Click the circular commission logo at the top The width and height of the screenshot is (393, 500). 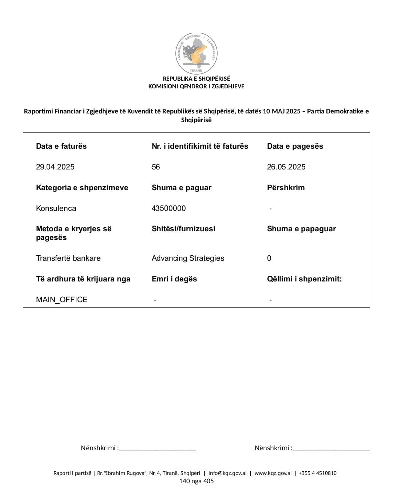(196, 53)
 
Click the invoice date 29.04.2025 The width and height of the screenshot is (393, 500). (55, 167)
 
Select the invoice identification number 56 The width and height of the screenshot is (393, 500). (156, 167)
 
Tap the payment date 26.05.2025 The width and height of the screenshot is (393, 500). (286, 167)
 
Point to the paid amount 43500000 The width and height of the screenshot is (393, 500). (168, 208)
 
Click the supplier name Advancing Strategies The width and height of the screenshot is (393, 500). (188, 258)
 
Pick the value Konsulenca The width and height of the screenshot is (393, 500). (56, 208)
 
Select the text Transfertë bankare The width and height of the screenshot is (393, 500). (68, 258)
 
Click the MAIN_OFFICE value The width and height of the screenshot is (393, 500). (62, 300)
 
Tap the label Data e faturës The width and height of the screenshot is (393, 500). (61, 146)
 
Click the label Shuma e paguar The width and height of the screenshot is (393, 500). (182, 188)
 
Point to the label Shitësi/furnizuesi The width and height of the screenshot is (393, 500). (183, 229)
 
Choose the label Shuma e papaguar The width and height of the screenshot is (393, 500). (301, 229)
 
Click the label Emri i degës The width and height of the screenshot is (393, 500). (174, 279)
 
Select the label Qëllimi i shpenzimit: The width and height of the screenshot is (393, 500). (304, 279)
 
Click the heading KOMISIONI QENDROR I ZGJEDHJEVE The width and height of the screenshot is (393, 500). (196, 87)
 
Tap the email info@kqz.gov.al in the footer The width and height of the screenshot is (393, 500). (227, 473)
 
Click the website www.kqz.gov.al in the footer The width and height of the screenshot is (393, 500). (273, 473)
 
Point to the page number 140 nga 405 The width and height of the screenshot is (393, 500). (196, 481)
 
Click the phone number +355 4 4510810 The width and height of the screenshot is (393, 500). (317, 473)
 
